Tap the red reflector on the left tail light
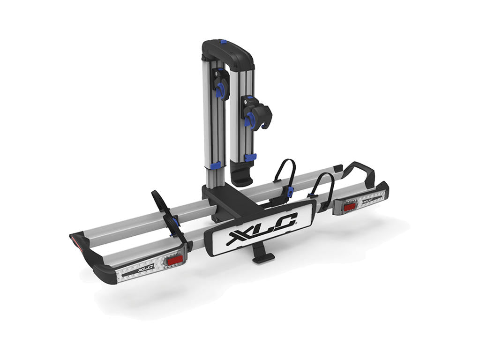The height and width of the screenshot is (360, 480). [x=175, y=259]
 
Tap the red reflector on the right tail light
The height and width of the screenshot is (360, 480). [x=349, y=206]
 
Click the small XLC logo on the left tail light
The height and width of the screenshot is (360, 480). [x=146, y=268]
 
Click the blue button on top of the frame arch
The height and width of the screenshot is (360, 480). [x=223, y=42]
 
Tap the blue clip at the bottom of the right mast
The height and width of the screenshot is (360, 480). [x=250, y=157]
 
